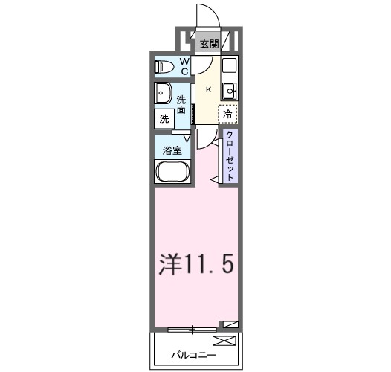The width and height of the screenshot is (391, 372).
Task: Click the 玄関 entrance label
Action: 208,44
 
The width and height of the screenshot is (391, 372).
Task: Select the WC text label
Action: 183,67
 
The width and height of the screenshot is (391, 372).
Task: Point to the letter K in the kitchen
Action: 208,90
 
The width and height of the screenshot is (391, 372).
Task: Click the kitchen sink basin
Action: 230,91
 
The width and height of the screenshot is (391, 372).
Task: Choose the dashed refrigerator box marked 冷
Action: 228,114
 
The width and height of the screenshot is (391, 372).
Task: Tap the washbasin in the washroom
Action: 163,94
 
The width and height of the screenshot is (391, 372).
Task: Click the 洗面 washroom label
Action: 181,104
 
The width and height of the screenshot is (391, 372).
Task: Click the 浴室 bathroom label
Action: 172,150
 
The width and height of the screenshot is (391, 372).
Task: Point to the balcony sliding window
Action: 193,328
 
